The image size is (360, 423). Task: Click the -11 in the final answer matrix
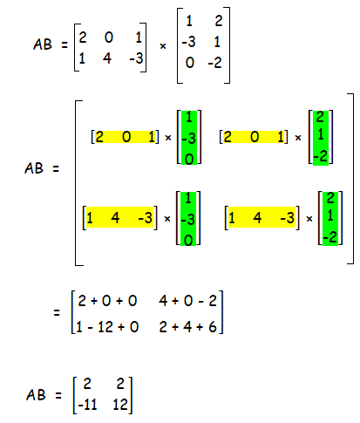click(87, 405)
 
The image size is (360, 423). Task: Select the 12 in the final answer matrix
click(120, 405)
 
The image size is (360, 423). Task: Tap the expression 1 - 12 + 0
click(107, 327)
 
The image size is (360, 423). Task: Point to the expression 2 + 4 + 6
click(187, 327)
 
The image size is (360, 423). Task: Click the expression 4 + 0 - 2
click(187, 301)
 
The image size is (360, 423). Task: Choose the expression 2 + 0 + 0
click(107, 301)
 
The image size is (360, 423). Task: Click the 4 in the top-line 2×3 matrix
click(107, 58)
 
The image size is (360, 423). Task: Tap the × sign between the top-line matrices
click(163, 46)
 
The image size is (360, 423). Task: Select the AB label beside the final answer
click(36, 395)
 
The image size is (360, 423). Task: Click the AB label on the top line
click(43, 44)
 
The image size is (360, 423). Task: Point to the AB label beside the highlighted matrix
click(34, 168)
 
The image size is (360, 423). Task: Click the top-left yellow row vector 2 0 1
click(126, 137)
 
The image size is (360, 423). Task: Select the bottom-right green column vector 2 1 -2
click(330, 218)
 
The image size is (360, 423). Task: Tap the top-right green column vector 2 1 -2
click(321, 138)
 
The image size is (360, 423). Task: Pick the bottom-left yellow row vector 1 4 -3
click(119, 217)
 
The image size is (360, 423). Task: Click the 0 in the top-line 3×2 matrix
click(190, 63)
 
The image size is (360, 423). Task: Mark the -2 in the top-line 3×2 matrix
click(215, 63)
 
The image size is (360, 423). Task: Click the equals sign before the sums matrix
click(57, 313)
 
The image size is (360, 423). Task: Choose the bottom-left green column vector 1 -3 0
click(188, 219)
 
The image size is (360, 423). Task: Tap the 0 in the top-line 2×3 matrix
click(109, 38)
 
